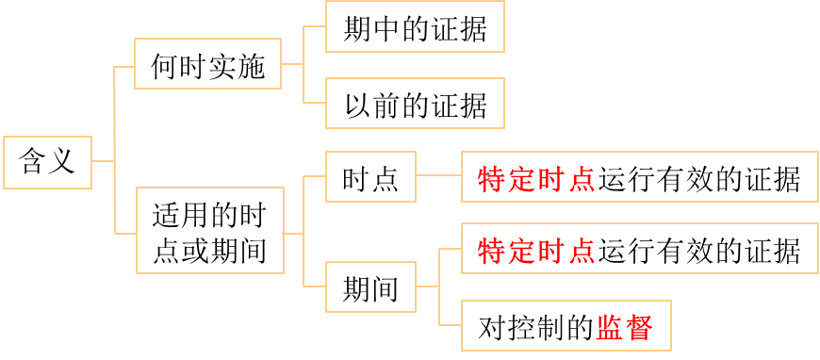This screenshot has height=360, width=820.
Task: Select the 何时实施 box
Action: tap(207, 66)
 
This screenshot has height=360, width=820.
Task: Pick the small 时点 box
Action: tap(369, 176)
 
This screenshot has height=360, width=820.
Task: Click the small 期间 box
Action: tap(369, 287)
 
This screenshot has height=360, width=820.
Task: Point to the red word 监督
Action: tap(624, 327)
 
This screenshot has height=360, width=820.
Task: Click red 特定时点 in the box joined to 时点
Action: tap(536, 177)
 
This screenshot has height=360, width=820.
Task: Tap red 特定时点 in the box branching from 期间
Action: tap(536, 250)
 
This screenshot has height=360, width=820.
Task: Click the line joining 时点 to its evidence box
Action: tap(438, 176)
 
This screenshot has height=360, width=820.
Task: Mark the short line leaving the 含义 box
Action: tap(103, 161)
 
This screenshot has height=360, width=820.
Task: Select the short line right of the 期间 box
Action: tap(427, 286)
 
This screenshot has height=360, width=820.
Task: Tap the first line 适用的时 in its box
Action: tap(208, 216)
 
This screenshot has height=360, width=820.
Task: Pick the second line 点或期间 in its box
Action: tap(208, 252)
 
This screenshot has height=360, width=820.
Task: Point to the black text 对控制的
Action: tap(535, 327)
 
